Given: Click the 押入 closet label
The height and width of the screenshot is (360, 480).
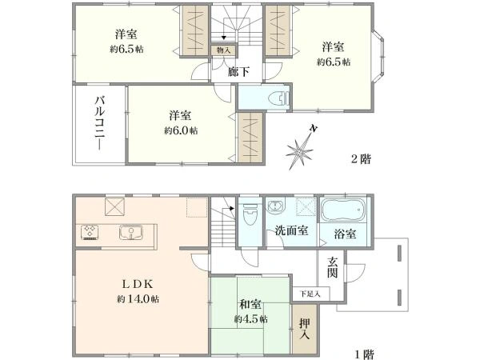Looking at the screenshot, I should tap(305, 329).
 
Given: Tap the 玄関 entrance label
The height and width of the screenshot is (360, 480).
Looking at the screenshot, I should tap(332, 266).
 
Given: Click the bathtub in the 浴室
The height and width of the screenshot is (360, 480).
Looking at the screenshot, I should tap(342, 210).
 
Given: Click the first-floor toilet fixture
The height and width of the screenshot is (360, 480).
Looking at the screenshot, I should tap(250, 213).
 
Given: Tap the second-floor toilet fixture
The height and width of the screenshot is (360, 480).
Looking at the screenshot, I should tap(277, 99).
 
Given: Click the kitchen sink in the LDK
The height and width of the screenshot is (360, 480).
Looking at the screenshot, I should tap(130, 233).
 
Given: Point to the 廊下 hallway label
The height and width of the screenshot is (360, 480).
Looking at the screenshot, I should tap(238, 71).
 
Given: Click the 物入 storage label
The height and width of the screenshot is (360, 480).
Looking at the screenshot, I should tap(223, 50).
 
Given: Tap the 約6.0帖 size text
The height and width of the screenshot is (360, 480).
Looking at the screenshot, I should tap(182, 130).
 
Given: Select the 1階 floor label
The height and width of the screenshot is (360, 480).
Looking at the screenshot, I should tap(365, 352).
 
